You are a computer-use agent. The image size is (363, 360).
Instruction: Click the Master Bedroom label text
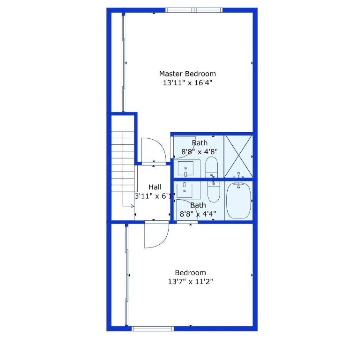tap(187, 74)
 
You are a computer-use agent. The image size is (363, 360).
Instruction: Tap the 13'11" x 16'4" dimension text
tap(187, 83)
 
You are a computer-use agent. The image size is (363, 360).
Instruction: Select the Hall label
tap(155, 187)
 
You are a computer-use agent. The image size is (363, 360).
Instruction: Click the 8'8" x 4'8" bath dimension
tap(200, 151)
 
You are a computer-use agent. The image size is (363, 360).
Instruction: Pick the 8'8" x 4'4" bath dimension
tap(198, 214)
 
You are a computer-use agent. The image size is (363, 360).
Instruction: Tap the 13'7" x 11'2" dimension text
tap(190, 282)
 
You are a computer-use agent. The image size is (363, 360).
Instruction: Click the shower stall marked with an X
tap(238, 156)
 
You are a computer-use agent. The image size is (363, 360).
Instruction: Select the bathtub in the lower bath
tap(238, 201)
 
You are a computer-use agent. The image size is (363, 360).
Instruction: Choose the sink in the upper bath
tap(186, 167)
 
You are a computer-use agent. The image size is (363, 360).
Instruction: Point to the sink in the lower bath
tap(186, 190)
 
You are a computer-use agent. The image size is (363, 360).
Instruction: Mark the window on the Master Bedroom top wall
tap(194, 10)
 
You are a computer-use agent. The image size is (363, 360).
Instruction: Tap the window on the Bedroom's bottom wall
tap(153, 329)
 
